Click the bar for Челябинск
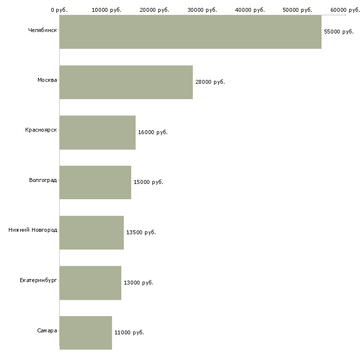(190, 32)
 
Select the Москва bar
(126, 82)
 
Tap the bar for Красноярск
(98, 132)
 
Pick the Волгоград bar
(95, 182)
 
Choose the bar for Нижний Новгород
(91, 232)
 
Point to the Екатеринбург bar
(90, 283)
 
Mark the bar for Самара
(86, 333)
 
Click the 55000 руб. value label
(339, 32)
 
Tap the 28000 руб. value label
(210, 82)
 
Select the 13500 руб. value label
(141, 232)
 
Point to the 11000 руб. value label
(129, 332)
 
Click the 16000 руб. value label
(153, 132)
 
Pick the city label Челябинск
(42, 30)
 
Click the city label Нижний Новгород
(33, 230)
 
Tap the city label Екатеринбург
(38, 280)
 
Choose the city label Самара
(47, 330)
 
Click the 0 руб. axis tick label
(59, 9)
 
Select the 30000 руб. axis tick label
(202, 9)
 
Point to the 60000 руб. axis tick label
(345, 9)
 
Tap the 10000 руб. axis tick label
(107, 9)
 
